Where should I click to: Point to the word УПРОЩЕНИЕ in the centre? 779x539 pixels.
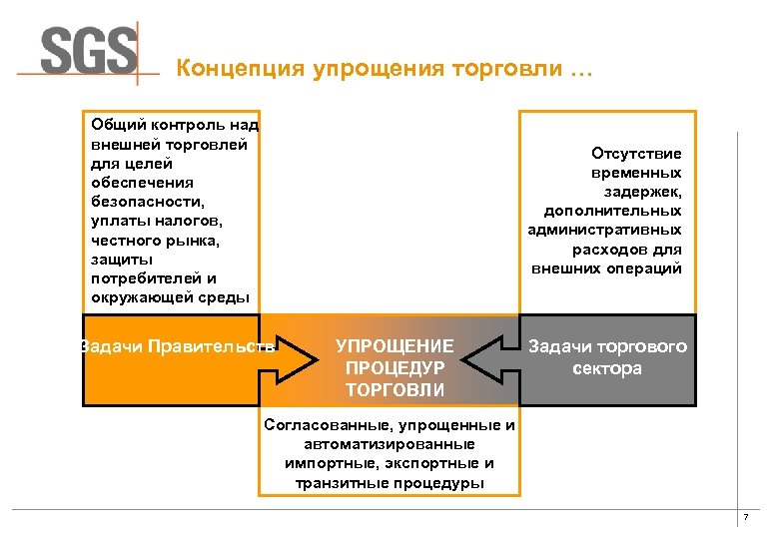coord(394,346)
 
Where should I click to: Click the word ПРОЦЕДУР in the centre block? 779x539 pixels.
coord(394,367)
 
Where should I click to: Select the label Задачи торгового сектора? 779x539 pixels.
coord(607,357)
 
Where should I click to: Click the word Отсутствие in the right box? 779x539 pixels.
coord(636,154)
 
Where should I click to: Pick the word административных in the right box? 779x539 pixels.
coord(605,230)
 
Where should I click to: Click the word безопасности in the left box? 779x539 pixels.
coord(142,202)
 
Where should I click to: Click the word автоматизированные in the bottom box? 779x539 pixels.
coord(389,444)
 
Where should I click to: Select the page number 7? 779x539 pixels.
coord(744,517)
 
